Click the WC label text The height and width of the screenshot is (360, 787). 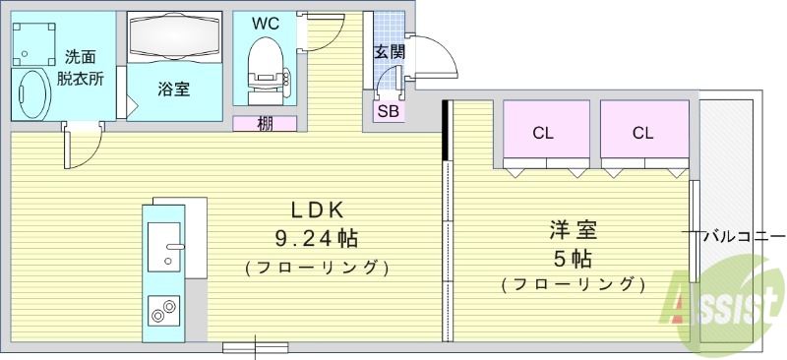265,22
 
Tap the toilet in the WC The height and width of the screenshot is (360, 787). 264,63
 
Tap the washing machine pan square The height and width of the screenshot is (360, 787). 35,38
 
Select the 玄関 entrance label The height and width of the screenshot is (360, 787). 389,52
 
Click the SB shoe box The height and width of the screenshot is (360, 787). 389,111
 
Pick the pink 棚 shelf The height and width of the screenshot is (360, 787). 265,124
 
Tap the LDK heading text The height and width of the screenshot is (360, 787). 316,209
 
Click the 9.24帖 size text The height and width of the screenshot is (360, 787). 316,237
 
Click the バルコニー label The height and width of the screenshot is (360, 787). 746,236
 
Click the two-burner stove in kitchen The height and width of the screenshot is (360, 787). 163,312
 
